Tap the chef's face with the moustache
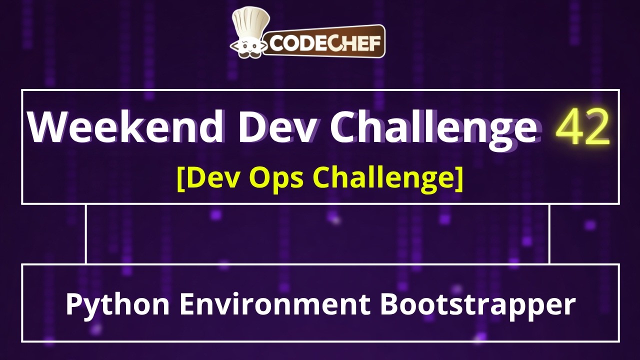tap(248, 46)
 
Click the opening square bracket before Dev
tap(181, 178)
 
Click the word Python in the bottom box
tap(118, 304)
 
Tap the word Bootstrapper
tap(477, 304)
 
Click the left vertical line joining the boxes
tap(86, 234)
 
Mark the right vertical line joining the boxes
tap(549, 234)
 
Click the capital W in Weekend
tap(47, 127)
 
